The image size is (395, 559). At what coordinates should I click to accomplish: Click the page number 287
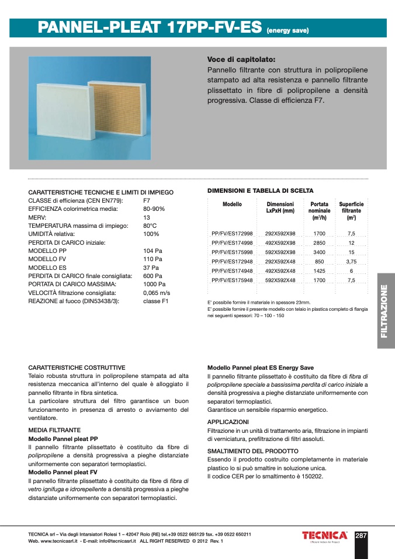tap(361, 535)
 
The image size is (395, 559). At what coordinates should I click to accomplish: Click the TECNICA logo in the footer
tap(325, 536)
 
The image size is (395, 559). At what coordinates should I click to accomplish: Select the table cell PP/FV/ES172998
tap(232, 233)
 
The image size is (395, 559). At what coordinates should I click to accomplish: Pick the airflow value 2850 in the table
tap(319, 243)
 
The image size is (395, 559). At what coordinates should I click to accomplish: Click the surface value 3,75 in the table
tap(351, 262)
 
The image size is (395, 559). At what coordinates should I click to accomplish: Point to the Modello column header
tap(232, 204)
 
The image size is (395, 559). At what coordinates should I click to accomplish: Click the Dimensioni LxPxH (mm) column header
tap(280, 207)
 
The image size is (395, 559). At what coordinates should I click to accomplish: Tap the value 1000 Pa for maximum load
tap(155, 284)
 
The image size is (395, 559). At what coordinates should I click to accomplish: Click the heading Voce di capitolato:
tap(241, 60)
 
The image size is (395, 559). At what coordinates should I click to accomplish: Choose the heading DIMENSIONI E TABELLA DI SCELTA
tap(261, 191)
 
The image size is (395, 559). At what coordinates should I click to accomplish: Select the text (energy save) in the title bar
tap(287, 30)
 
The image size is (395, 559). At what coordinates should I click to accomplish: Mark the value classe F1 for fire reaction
tap(156, 301)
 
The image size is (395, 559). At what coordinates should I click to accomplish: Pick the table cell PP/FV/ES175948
tap(232, 280)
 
